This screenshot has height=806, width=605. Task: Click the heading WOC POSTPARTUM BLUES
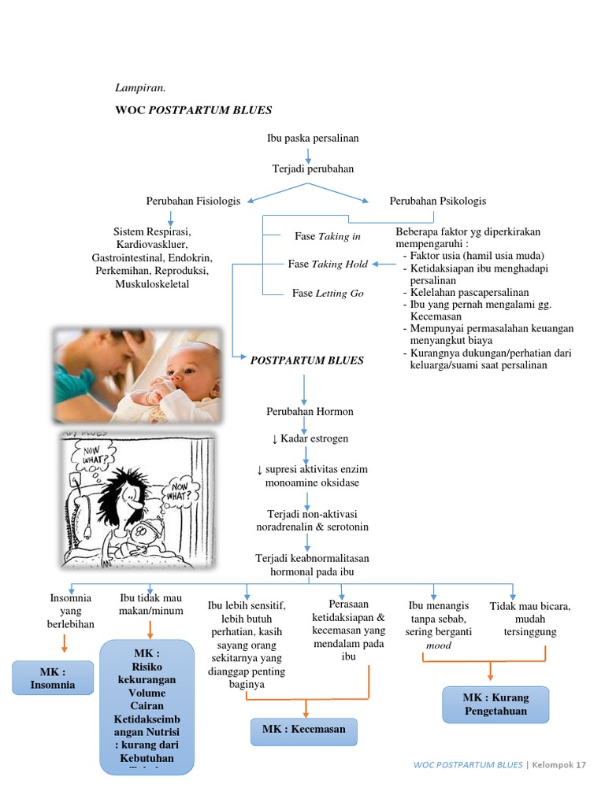pyautogui.click(x=193, y=110)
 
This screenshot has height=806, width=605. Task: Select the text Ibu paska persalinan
pyautogui.click(x=313, y=139)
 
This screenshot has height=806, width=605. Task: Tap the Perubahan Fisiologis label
pyautogui.click(x=193, y=201)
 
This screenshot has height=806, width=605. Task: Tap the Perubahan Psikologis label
pyautogui.click(x=438, y=201)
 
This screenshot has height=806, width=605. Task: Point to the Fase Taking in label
pyautogui.click(x=328, y=236)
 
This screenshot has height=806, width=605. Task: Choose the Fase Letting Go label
pyautogui.click(x=328, y=293)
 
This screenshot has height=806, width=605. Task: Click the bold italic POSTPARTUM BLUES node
pyautogui.click(x=306, y=360)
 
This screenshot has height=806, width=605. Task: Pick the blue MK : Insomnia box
pyautogui.click(x=53, y=678)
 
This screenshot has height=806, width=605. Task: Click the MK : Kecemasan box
pyautogui.click(x=303, y=730)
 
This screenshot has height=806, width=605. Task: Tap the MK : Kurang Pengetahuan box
pyautogui.click(x=495, y=704)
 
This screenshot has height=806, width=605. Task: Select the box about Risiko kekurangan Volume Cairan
pyautogui.click(x=147, y=704)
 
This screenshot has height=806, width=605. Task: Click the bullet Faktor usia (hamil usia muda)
pyautogui.click(x=477, y=256)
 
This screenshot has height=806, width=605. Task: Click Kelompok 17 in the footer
pyautogui.click(x=561, y=764)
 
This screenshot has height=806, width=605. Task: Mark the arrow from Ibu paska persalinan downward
pyautogui.click(x=308, y=155)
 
